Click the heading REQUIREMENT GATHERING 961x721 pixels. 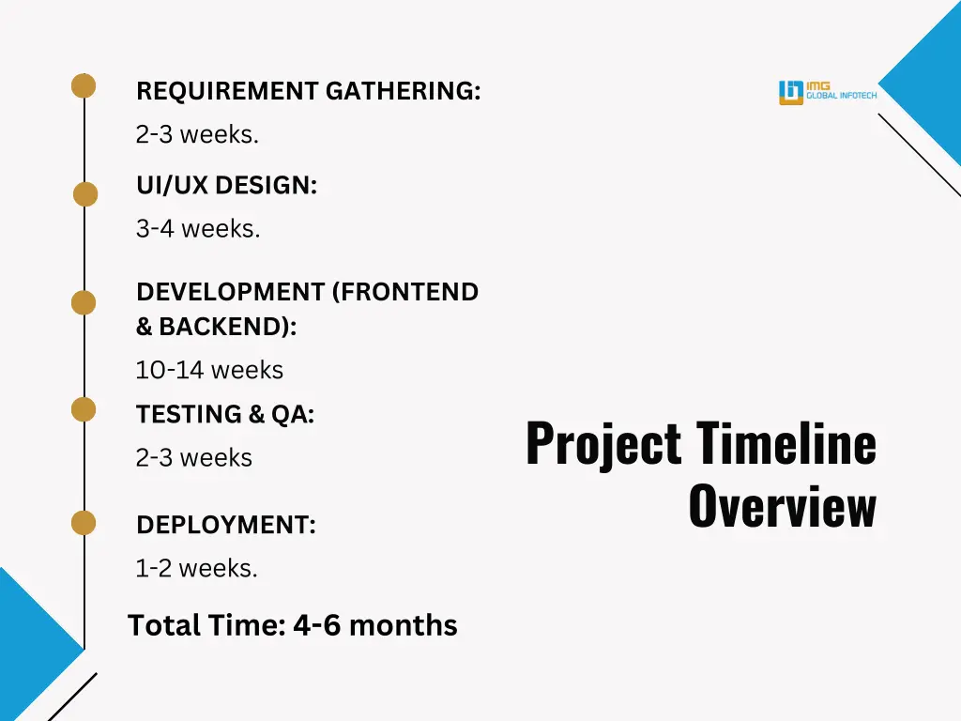pyautogui.click(x=308, y=91)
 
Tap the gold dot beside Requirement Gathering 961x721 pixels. pyautogui.click(x=84, y=85)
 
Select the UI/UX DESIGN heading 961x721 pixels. pyautogui.click(x=226, y=186)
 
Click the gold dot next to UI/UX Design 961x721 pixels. pyautogui.click(x=85, y=194)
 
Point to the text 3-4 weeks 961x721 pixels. pyautogui.click(x=197, y=228)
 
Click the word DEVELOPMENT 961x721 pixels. pyautogui.click(x=230, y=292)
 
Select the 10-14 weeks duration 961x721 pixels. pyautogui.click(x=209, y=370)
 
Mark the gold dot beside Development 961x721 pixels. pyautogui.click(x=84, y=302)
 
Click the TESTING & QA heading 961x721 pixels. pyautogui.click(x=225, y=414)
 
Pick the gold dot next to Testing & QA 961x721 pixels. pyautogui.click(x=84, y=409)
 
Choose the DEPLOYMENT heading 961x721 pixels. pyautogui.click(x=225, y=526)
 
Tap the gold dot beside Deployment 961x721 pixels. pyautogui.click(x=84, y=523)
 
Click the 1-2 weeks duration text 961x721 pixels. pyautogui.click(x=196, y=568)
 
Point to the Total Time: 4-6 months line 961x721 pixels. pyautogui.click(x=292, y=624)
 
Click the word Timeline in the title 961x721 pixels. pyautogui.click(x=786, y=443)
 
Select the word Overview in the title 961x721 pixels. pyautogui.click(x=782, y=507)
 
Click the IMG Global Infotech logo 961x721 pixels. pyautogui.click(x=827, y=92)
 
